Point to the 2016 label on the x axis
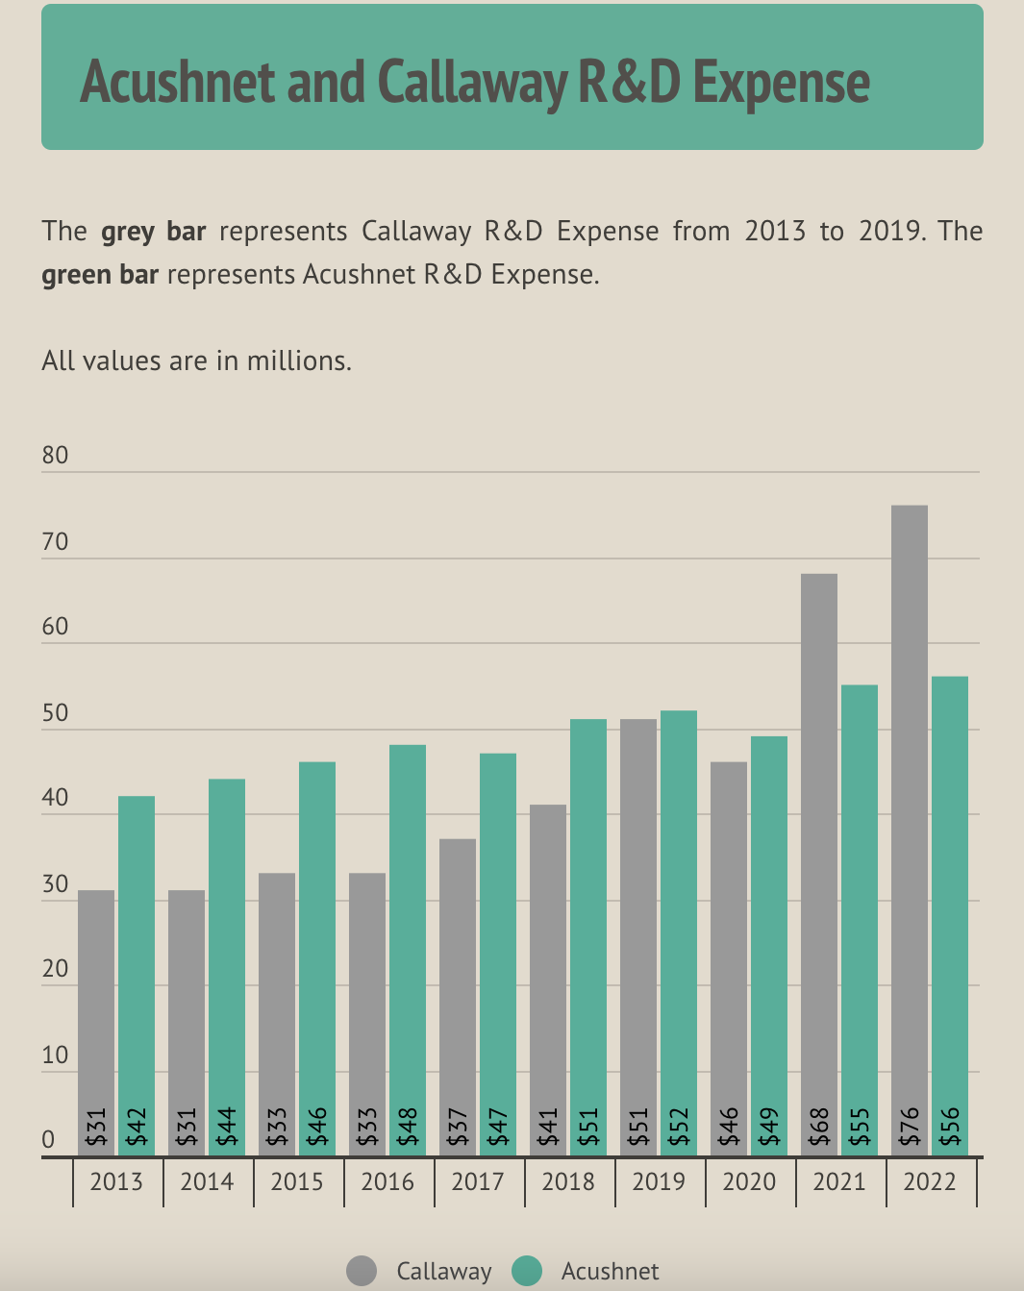tap(387, 1181)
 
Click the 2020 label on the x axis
tap(749, 1181)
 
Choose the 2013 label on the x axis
tap(116, 1181)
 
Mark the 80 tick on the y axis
tap(56, 456)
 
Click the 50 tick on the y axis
tap(56, 713)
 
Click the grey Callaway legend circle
tap(362, 1271)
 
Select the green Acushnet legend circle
tap(527, 1271)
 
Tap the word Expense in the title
tap(781, 82)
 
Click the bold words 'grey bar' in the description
tap(154, 232)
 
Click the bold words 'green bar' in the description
tap(100, 275)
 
